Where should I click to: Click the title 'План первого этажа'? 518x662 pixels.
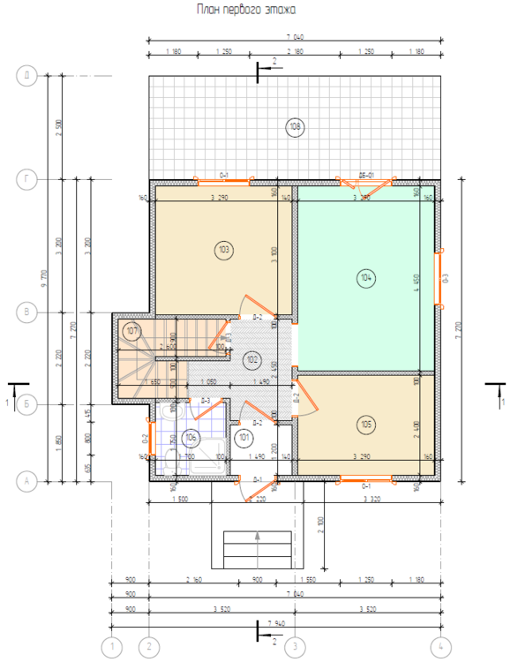tap(245, 10)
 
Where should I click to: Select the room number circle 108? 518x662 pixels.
tap(295, 127)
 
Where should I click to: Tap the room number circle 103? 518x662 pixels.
tap(223, 250)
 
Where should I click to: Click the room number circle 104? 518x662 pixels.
tap(366, 278)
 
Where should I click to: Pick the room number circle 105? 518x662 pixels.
tap(366, 425)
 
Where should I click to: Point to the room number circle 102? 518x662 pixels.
tap(251, 359)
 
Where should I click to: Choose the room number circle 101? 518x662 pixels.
tap(245, 436)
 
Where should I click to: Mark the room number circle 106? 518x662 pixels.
tap(191, 437)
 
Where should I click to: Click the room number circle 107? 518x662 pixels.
tap(132, 331)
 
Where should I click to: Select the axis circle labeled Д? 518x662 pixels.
tap(27, 76)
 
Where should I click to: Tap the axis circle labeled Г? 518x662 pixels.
tap(27, 180)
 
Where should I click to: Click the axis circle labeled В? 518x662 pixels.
tap(27, 312)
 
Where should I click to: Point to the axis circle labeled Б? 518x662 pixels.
tap(27, 403)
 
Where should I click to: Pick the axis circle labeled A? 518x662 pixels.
tap(27, 481)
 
